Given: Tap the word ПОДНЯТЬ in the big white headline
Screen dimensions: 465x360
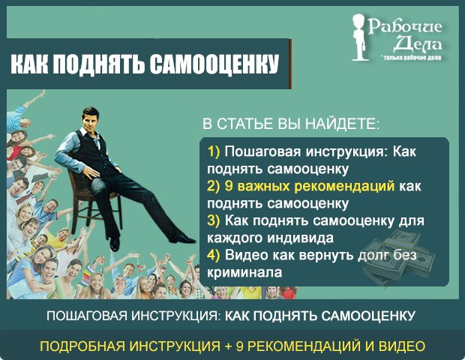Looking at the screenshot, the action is point(99,64).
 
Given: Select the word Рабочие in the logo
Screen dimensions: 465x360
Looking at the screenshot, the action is point(405,27).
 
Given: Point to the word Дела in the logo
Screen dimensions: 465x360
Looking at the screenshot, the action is point(418,43).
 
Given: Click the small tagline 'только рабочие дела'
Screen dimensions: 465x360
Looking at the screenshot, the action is point(412,58).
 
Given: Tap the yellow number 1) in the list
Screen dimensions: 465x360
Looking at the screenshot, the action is point(214,151).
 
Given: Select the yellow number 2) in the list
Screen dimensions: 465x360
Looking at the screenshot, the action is point(214,186).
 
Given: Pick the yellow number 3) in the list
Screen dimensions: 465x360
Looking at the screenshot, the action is point(214,220).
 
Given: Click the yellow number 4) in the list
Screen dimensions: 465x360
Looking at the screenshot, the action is point(214,255).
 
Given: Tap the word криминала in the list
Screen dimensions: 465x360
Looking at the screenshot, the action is point(244,272).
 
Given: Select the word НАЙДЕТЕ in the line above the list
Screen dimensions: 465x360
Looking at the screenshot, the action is point(343,124).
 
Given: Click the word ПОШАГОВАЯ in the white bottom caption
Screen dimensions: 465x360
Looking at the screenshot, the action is point(87,316).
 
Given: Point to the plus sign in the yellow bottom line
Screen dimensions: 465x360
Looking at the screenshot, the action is point(228,346).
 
